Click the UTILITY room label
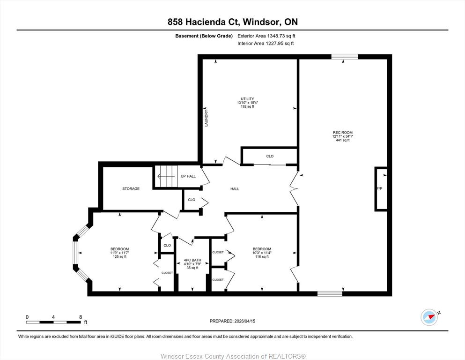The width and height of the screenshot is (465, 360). [x=247, y=99]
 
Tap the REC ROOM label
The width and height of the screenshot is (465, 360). [x=342, y=133]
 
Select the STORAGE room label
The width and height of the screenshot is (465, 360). [x=131, y=189]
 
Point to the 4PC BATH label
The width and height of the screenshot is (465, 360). [x=192, y=260]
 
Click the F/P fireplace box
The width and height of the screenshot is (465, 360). [x=381, y=189]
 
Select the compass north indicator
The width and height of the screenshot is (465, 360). [x=430, y=317]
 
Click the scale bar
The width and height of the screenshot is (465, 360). [x=53, y=322]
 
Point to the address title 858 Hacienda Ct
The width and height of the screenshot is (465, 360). [x=204, y=22]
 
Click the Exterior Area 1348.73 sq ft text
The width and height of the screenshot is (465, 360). [x=266, y=36]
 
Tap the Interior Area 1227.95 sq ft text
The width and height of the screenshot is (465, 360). [x=266, y=43]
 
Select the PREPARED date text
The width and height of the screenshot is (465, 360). [x=232, y=321]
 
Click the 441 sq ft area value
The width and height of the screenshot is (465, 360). [x=342, y=140]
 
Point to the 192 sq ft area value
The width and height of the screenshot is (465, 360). [x=247, y=106]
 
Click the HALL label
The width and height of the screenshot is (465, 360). [x=235, y=189]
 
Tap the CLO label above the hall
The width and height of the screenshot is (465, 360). [x=270, y=156]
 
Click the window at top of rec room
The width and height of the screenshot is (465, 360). [x=345, y=57]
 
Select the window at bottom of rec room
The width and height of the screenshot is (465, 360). [x=330, y=294]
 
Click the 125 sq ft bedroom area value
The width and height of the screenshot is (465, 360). [x=119, y=257]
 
